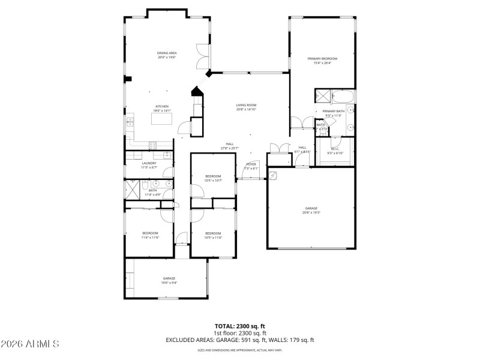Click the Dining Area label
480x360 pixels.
pyautogui.click(x=167, y=53)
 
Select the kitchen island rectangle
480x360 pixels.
pyautogui.click(x=162, y=119)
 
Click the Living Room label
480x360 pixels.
pyautogui.click(x=246, y=105)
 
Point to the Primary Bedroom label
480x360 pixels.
pyautogui.click(x=322, y=59)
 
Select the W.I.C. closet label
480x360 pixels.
pyautogui.click(x=334, y=149)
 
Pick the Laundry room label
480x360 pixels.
pyautogui.click(x=149, y=163)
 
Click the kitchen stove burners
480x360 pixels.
pyautogui.click(x=152, y=144)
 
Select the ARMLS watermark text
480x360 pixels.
pyautogui.click(x=29, y=344)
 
